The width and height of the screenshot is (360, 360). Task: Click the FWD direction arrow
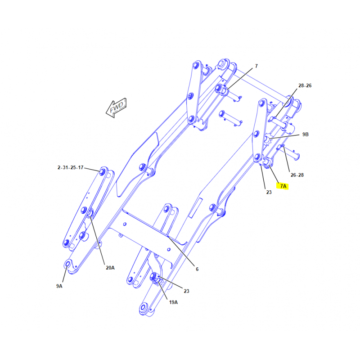pyautogui.click(x=117, y=108)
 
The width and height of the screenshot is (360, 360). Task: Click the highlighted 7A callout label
pyautogui.click(x=283, y=186)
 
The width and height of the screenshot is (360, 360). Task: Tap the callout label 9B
pyautogui.click(x=306, y=134)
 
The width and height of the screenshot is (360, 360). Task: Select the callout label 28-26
pyautogui.click(x=305, y=85)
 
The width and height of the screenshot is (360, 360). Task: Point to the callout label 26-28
pyautogui.click(x=297, y=175)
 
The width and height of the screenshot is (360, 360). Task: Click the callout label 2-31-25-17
pyautogui.click(x=70, y=167)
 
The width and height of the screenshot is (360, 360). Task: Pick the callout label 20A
pyautogui.click(x=110, y=268)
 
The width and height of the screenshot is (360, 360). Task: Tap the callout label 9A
pyautogui.click(x=59, y=286)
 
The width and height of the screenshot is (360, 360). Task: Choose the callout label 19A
pyautogui.click(x=173, y=302)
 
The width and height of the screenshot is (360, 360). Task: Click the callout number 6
pyautogui.click(x=197, y=269)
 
